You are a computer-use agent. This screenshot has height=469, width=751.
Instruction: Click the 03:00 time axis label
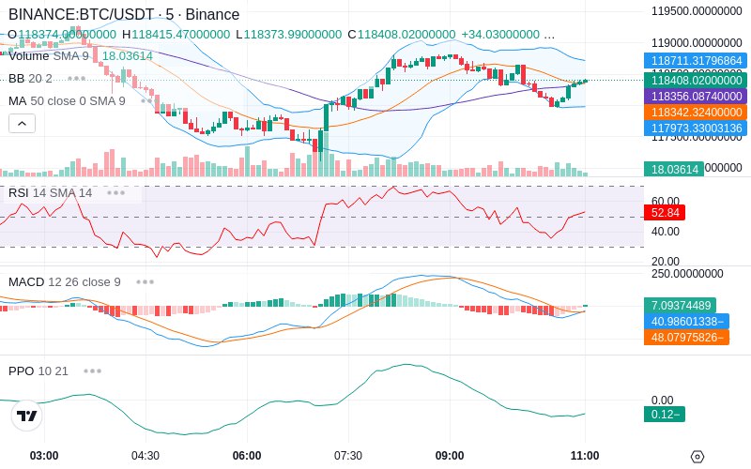[x=44, y=456]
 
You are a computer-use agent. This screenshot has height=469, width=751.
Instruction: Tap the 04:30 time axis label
[x=146, y=456]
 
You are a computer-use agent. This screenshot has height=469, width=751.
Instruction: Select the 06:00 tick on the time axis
[x=247, y=456]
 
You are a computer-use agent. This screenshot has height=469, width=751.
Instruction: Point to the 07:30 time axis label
[x=348, y=456]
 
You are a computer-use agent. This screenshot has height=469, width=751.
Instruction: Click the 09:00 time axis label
[x=450, y=456]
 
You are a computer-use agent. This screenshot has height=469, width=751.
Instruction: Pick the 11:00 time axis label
[x=585, y=456]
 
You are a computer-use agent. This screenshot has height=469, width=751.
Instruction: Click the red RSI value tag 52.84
[x=664, y=213]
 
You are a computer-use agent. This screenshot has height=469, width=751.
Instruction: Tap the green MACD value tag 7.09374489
[x=679, y=305]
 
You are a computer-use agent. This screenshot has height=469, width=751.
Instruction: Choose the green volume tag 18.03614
[x=672, y=170]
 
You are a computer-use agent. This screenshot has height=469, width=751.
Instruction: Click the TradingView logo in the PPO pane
[x=27, y=416]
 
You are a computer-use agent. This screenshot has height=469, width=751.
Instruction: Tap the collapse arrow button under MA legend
[x=22, y=123]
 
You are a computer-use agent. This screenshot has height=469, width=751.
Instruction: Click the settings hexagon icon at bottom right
[x=697, y=457]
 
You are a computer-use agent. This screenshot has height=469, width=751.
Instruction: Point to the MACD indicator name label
[x=26, y=281]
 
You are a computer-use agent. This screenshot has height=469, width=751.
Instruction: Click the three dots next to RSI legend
[x=115, y=192]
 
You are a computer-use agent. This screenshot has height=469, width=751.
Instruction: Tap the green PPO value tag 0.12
[x=664, y=415]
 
